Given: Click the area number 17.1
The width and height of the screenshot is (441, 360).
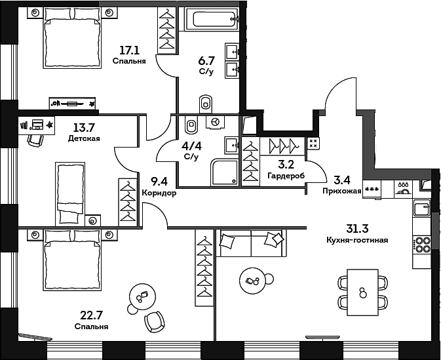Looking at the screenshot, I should pyautogui.click(x=128, y=50).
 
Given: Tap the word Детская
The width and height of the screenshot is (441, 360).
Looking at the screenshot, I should pyautogui.click(x=83, y=139).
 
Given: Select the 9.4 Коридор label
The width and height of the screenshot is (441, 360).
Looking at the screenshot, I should pyautogui.click(x=159, y=187).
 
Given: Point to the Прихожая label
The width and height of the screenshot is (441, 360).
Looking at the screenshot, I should pyautogui.click(x=342, y=191).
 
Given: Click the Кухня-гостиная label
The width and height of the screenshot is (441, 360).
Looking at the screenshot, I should pyautogui.click(x=356, y=240).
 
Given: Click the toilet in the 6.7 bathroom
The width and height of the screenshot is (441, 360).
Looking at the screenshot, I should pyautogui.click(x=206, y=102).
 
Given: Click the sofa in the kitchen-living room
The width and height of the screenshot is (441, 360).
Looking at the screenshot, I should pyautogui.click(x=252, y=244).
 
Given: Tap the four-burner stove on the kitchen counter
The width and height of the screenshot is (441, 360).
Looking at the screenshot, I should pyautogui.click(x=423, y=245).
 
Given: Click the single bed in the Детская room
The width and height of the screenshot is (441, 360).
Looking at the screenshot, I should pyautogui.click(x=69, y=193).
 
